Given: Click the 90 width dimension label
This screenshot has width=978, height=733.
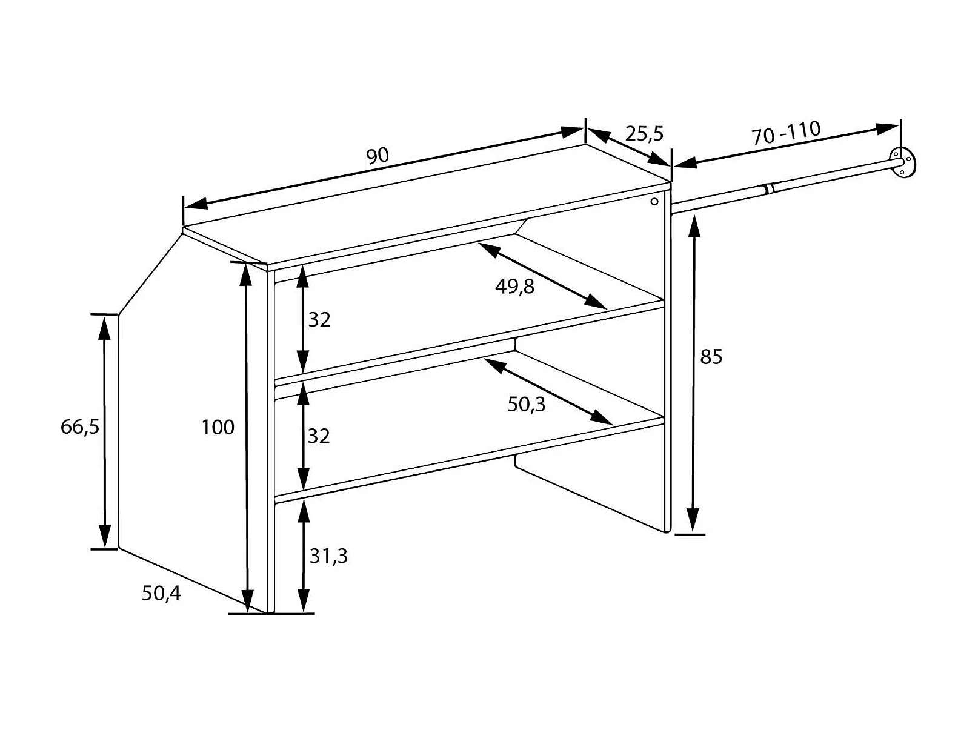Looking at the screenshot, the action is coord(377,156).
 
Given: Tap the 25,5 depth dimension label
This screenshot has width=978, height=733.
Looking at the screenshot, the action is coord(644,133).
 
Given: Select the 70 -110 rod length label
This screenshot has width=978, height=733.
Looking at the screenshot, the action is coord(786,133).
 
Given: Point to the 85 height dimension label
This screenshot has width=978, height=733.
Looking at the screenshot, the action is coord(711,357).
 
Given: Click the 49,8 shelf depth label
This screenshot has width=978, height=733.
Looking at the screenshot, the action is coord(514,286).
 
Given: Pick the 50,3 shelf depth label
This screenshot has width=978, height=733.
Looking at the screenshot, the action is coord(526,404).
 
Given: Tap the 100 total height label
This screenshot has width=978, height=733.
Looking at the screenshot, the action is coord(218,428).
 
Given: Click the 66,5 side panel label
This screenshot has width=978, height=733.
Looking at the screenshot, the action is coord(79,427).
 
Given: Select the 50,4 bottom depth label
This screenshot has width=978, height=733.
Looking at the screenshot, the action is coord(161,593).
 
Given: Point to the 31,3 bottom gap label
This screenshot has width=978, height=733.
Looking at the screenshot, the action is coord(328,556).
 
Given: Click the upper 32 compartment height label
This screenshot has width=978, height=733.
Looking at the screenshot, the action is coord(319,319).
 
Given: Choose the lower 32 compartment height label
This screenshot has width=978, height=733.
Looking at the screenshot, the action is coord(319,436).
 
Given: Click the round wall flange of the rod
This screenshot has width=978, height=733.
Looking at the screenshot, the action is coord(903,162).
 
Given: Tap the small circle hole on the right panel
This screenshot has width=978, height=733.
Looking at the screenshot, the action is coord(654,201).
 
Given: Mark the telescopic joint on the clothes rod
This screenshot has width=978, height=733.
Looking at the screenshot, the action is coord(768,190).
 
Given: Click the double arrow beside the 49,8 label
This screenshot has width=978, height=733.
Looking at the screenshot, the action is coord(542,276).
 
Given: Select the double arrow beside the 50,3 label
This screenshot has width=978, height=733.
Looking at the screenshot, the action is coord(548,391).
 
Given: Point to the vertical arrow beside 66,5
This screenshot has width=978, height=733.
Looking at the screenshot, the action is coord(105,431).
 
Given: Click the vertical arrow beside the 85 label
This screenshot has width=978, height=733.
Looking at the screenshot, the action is coord(694,374).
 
